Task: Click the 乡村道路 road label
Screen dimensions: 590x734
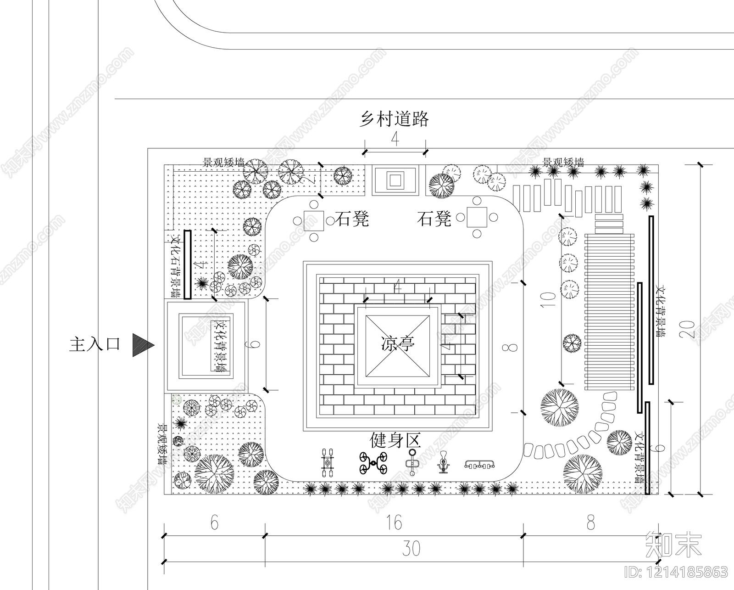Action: (x=394, y=119)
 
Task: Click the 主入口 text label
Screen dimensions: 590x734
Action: (x=95, y=344)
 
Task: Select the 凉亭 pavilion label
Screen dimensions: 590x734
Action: (x=397, y=344)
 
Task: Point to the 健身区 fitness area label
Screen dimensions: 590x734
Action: (x=395, y=441)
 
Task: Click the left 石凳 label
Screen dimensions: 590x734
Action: (x=352, y=219)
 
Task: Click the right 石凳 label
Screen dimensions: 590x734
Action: (x=434, y=219)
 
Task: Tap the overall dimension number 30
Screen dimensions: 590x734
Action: (x=411, y=549)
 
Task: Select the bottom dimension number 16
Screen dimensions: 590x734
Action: (x=394, y=523)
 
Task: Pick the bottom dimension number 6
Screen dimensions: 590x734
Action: (x=214, y=523)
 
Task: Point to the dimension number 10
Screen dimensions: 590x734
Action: (x=549, y=300)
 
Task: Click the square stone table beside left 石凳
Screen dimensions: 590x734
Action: (x=314, y=221)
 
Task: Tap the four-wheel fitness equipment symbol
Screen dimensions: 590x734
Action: (x=373, y=462)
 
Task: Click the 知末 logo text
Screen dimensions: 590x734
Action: (x=673, y=545)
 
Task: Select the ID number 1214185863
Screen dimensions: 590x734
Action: (x=676, y=572)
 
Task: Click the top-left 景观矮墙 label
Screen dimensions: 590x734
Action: (x=223, y=162)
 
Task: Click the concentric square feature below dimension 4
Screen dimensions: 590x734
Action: (x=395, y=180)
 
